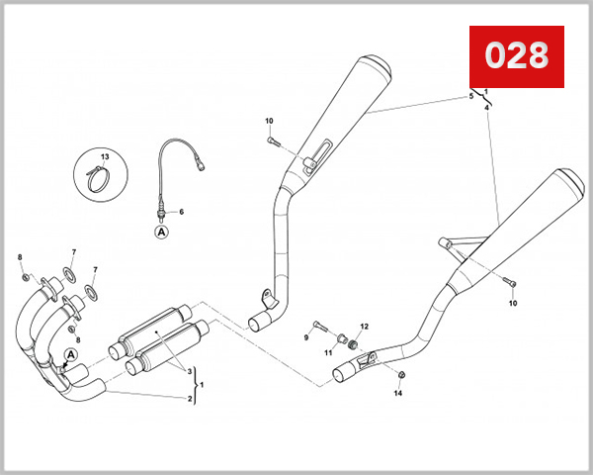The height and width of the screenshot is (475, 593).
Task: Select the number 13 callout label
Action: pyautogui.click(x=105, y=157)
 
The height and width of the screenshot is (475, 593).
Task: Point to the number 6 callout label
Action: pyautogui.click(x=181, y=212)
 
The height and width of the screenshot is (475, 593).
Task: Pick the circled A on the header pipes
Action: pyautogui.click(x=71, y=355)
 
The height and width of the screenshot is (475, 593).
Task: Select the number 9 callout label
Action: pyautogui.click(x=306, y=337)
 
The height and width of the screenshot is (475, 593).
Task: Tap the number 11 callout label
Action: pyautogui.click(x=329, y=352)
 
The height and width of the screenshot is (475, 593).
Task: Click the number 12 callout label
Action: pyautogui.click(x=364, y=327)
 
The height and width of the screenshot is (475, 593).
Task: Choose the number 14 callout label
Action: pyautogui.click(x=398, y=393)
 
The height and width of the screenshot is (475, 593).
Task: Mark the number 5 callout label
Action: pyautogui.click(x=471, y=97)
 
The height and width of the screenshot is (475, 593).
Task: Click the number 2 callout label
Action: pyautogui.click(x=190, y=399)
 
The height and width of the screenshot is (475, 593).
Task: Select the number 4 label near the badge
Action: pyautogui.click(x=487, y=106)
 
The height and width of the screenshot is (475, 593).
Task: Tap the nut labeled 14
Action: pyautogui.click(x=399, y=373)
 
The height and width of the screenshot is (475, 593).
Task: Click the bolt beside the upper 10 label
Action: pyautogui.click(x=275, y=142)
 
